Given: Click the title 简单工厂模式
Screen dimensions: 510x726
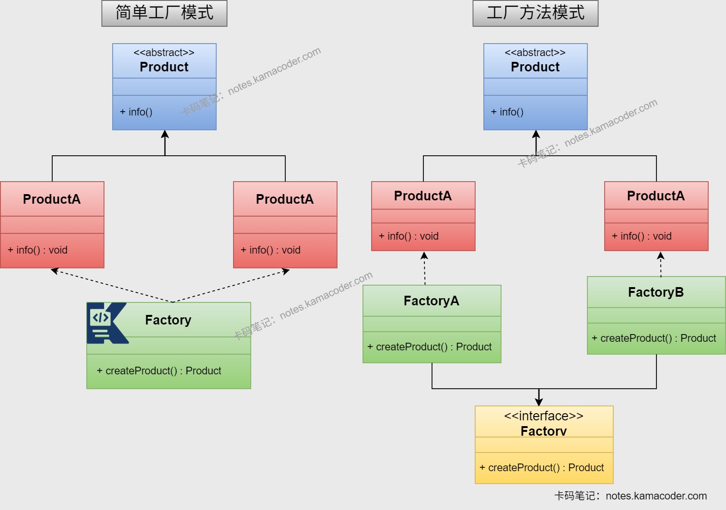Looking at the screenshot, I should coord(164,13).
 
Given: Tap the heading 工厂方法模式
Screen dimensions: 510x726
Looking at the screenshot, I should coord(535,13).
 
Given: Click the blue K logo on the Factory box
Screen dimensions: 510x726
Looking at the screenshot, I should coord(107,323).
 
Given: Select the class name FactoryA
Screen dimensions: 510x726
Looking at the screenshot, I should coord(431,301).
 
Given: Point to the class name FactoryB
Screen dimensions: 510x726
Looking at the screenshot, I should coord(656,292).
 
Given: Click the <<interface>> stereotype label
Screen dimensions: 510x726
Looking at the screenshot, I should coord(543,416).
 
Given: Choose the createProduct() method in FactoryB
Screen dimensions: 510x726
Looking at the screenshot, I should coord(654,338).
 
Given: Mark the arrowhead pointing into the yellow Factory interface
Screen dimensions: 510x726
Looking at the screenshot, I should coord(539,401).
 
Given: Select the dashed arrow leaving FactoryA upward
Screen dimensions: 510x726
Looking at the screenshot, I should coord(424,268).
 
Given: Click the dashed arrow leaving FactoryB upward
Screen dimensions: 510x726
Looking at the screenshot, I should coord(661,265).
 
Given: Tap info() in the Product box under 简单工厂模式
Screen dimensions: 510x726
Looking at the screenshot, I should coord(136,112).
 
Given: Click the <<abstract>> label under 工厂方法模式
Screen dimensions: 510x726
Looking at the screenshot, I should coord(535,53).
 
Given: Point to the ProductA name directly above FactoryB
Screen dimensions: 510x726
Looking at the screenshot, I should coord(656,196).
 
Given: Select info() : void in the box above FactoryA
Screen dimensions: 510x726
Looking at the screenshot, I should coord(409,236).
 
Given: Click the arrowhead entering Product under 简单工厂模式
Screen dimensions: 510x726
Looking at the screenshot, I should coord(165,134).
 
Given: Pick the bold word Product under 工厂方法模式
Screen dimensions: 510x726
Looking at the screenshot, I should coord(535,67).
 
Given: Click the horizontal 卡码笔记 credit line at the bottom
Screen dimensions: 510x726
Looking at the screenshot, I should coord(630,496).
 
